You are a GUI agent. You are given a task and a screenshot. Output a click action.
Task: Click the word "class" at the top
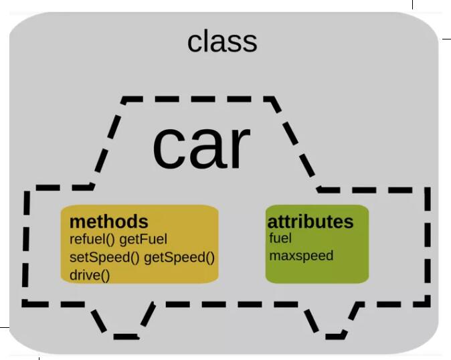click(x=222, y=41)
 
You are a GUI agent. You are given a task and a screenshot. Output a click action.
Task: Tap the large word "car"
click(x=201, y=147)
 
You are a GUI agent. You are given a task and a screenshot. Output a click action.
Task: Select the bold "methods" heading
click(x=108, y=221)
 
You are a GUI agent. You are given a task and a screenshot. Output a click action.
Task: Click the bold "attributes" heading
click(x=310, y=221)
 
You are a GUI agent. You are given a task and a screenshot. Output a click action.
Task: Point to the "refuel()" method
click(x=92, y=239)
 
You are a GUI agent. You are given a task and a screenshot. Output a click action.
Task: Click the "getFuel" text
click(x=143, y=239)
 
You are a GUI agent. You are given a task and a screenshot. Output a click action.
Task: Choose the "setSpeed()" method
click(x=104, y=257)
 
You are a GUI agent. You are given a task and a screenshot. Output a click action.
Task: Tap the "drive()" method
click(x=89, y=274)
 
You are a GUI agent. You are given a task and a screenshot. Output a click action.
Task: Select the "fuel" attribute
click(x=280, y=238)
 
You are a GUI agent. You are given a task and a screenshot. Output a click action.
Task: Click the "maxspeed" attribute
click(x=300, y=255)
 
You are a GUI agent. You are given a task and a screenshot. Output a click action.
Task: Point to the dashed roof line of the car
click(x=197, y=100)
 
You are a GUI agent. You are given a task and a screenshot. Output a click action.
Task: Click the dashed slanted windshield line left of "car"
click(x=107, y=144)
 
